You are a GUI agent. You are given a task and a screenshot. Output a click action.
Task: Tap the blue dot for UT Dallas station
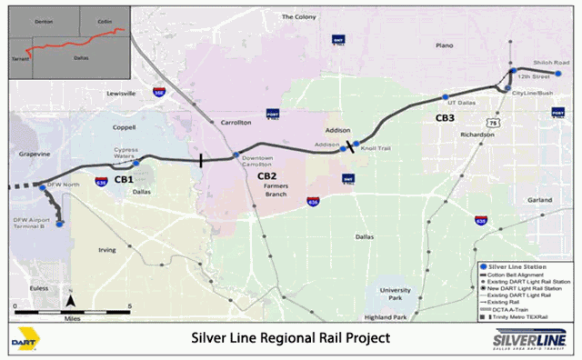pyautogui.click(x=446, y=97)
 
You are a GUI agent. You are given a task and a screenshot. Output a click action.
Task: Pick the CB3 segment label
pyautogui.click(x=445, y=117)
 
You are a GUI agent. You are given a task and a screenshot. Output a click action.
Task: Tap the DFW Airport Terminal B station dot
pyautogui.click(x=59, y=225)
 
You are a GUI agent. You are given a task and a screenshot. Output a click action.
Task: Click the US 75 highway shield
pyautogui.click(x=492, y=122)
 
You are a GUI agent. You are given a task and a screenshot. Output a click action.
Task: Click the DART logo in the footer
pyautogui.click(x=27, y=338)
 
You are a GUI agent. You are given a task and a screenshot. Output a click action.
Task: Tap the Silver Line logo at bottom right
pyautogui.click(x=528, y=339)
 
